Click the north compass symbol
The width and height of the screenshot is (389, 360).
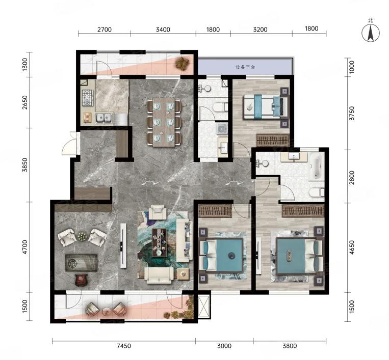tap(371, 33)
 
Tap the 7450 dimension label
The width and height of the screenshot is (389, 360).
tap(123, 346)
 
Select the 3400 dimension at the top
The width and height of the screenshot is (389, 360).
tap(163, 30)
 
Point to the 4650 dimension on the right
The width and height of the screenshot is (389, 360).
tap(352, 247)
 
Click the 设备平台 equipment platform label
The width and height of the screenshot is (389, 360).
tap(245, 67)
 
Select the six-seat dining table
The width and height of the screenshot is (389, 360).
tap(164, 122)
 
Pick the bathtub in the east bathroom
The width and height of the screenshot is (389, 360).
tap(316, 166)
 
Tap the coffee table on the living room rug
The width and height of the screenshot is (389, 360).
tap(159, 243)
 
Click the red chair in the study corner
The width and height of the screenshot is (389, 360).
tap(81, 279)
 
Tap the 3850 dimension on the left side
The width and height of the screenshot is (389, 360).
tap(25, 165)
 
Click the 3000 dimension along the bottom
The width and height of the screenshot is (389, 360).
tap(224, 346)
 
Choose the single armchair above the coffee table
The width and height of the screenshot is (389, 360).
tap(158, 212)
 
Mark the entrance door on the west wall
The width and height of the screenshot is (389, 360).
tap(70, 143)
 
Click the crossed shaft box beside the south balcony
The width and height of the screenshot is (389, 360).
tap(204, 306)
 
